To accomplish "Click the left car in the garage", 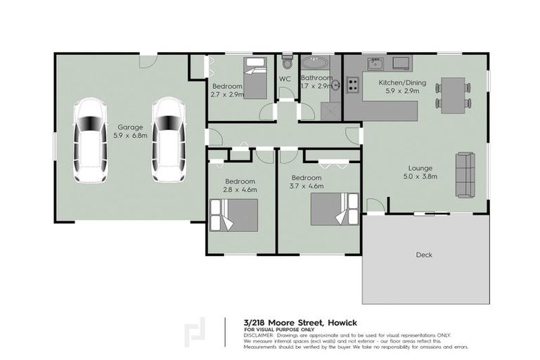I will (90, 140).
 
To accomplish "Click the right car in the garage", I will (168, 140).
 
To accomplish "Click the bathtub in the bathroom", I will (317, 64).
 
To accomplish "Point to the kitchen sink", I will (376, 64).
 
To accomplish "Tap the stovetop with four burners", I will (352, 86).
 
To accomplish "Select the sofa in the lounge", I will (465, 174).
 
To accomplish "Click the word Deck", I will (423, 254).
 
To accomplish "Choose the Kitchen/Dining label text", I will (397, 83).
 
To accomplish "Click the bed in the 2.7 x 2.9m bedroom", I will (255, 77).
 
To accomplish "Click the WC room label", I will (285, 79).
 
